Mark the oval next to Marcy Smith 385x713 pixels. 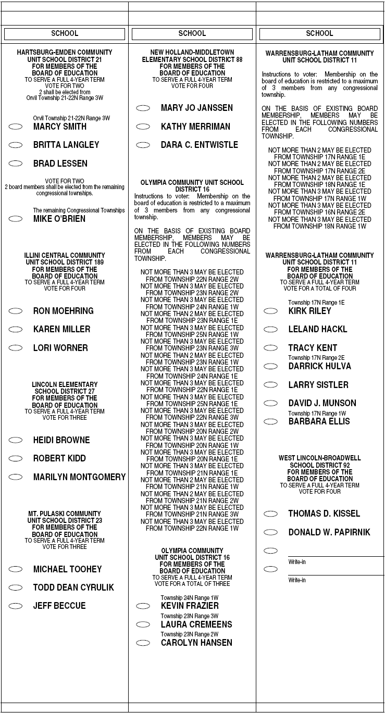click(16, 127)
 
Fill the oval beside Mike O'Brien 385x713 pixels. click(16, 219)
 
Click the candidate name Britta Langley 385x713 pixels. click(66, 145)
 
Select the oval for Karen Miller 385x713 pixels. click(16, 329)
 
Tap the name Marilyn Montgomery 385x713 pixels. click(79, 477)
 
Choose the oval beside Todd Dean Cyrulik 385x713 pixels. click(16, 587)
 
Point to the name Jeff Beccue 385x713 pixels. click(59, 606)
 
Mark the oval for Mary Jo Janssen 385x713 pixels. click(143, 108)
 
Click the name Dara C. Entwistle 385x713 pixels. click(199, 145)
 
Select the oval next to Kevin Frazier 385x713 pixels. click(143, 606)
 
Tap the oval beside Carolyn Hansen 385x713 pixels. click(143, 643)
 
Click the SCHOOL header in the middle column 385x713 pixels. click(192, 34)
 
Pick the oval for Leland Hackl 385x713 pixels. click(271, 329)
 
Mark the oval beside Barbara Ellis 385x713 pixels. click(271, 421)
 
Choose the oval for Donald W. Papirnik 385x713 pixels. click(271, 532)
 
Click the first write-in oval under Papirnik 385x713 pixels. click(271, 551)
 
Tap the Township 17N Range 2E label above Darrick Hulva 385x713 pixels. click(316, 358)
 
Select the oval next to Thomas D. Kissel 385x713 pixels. click(271, 514)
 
